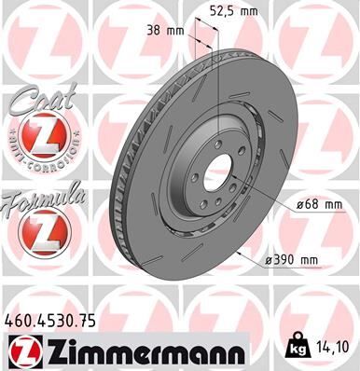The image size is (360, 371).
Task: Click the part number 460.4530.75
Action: [50, 321]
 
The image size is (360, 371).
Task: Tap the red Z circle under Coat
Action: [35, 140]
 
